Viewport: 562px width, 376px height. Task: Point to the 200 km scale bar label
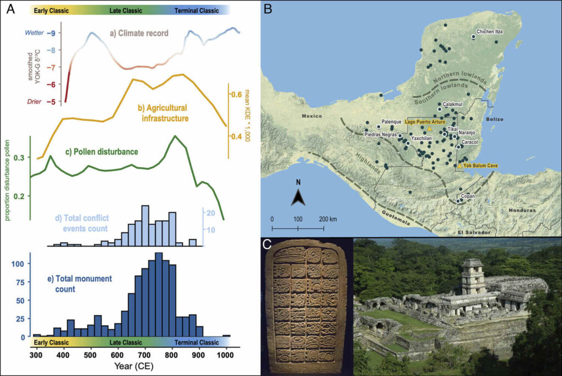click(329, 219)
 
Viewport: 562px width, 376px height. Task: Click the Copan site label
click(467, 196)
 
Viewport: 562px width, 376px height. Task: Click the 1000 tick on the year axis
click(225, 355)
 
